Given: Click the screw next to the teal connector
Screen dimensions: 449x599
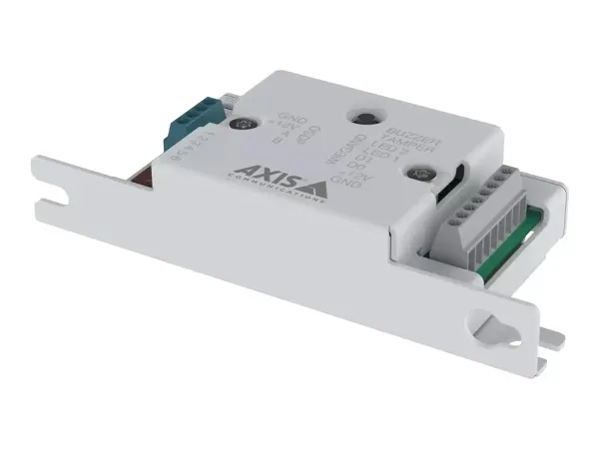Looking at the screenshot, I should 243,126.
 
